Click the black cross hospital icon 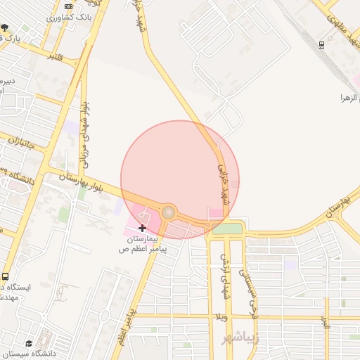[143, 228]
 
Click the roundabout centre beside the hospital [169, 212]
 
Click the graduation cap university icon [29, 344]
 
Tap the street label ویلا [222, 319]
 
